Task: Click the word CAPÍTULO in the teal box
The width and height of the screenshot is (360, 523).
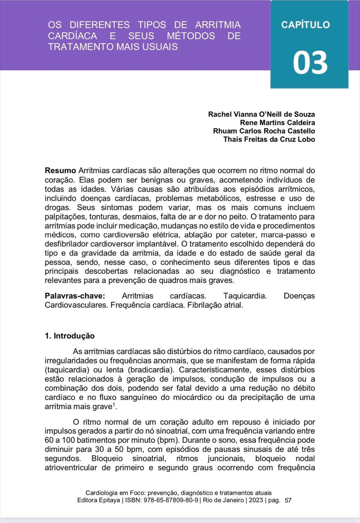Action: pyautogui.click(x=305, y=25)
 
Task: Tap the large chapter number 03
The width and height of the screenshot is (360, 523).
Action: pyautogui.click(x=310, y=63)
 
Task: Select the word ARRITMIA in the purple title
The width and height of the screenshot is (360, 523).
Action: pyautogui.click(x=218, y=25)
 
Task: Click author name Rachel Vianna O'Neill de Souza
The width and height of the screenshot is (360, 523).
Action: pyautogui.click(x=261, y=114)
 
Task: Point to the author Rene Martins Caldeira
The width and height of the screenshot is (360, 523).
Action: pyautogui.click(x=277, y=123)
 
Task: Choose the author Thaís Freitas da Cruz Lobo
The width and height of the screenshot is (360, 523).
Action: pyautogui.click(x=269, y=139)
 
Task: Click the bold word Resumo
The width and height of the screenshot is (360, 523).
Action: pyautogui.click(x=60, y=171)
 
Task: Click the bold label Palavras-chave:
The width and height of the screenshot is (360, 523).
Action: pyautogui.click(x=75, y=296)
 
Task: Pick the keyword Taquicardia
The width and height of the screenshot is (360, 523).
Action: pyautogui.click(x=245, y=296)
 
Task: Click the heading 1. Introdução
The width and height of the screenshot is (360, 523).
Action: pyautogui.click(x=70, y=336)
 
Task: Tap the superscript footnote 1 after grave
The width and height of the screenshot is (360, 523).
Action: pyautogui.click(x=114, y=405)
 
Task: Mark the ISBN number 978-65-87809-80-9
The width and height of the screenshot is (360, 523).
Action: pyautogui.click(x=171, y=500)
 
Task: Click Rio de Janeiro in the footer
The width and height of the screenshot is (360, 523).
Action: pyautogui.click(x=223, y=500)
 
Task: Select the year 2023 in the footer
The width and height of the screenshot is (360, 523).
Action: pyautogui.click(x=256, y=500)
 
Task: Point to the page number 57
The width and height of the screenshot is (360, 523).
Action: pyautogui.click(x=288, y=500)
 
